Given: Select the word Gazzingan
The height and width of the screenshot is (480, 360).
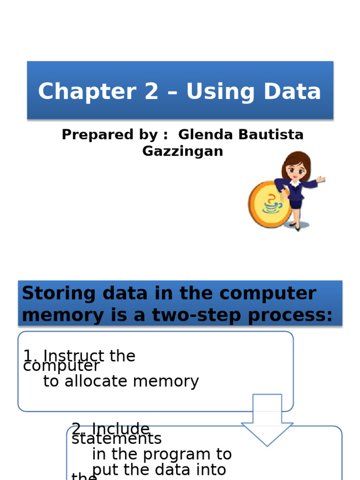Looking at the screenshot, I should tap(182, 151).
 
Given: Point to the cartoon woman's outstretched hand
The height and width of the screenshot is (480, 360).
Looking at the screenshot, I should tap(321, 179).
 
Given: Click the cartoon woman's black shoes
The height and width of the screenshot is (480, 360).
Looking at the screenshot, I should tap(295, 226).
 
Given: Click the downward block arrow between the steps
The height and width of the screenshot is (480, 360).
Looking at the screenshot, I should tap(267, 420).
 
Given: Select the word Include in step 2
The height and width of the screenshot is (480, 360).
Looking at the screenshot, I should tap(120, 428).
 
